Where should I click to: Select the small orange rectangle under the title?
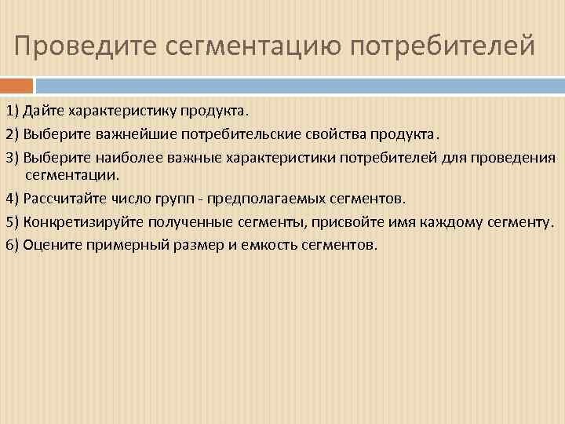tap(16, 85)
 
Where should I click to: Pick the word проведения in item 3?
tap(513, 157)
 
